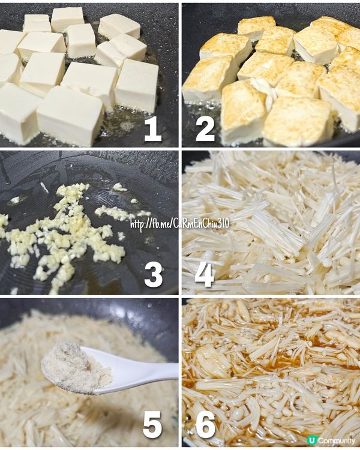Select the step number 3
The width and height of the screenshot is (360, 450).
pyautogui.click(x=154, y=275)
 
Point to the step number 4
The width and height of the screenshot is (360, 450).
pyautogui.click(x=205, y=275)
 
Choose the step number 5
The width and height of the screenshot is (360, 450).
pyautogui.click(x=152, y=425)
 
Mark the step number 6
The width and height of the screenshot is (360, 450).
pyautogui.click(x=206, y=425)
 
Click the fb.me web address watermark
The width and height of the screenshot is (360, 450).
pyautogui.click(x=180, y=224)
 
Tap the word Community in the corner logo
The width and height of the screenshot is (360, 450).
pyautogui.click(x=337, y=440)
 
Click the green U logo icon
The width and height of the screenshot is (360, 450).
pyautogui.click(x=311, y=440)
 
